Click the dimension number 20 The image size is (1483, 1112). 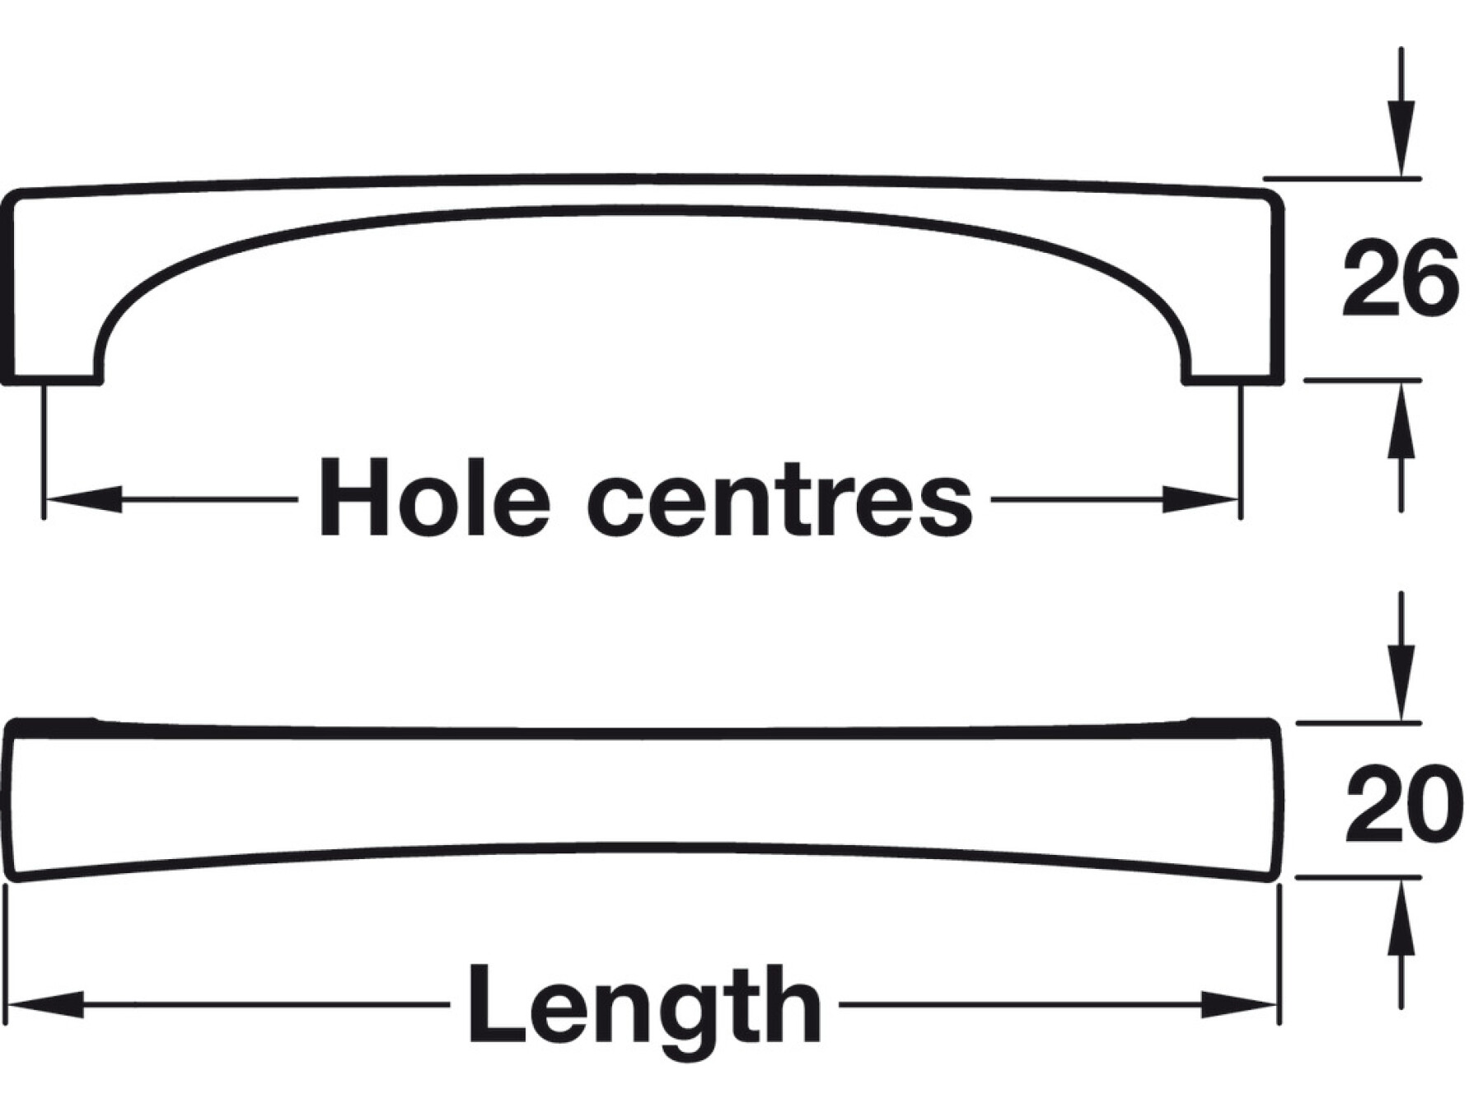click(x=1403, y=805)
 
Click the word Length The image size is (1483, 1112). click(x=644, y=1004)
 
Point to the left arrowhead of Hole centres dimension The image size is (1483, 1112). click(x=82, y=499)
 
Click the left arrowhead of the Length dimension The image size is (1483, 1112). click(x=45, y=1005)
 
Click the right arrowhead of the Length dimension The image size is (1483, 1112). click(x=1240, y=1005)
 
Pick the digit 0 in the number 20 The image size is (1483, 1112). click(x=1434, y=805)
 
